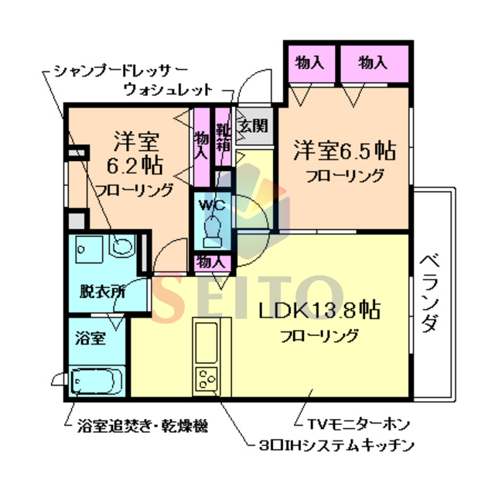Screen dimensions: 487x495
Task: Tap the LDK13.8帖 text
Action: coord(318,311)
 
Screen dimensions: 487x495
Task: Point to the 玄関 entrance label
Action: coord(252,124)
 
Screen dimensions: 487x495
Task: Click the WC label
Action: coord(211,205)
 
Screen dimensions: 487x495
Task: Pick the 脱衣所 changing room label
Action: coord(101,293)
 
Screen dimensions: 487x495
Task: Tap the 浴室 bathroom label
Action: coord(90,338)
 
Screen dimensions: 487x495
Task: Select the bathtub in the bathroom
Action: coord(97,382)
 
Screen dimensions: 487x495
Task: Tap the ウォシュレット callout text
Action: coord(168,89)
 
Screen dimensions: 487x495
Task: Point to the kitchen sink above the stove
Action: coord(207,342)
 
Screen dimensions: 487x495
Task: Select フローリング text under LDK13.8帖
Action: coord(319,336)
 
